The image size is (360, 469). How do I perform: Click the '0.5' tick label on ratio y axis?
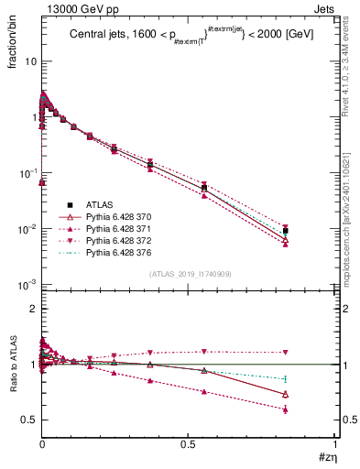[x=27, y=420]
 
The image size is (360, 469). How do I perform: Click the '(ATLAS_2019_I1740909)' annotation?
[x=189, y=274]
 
